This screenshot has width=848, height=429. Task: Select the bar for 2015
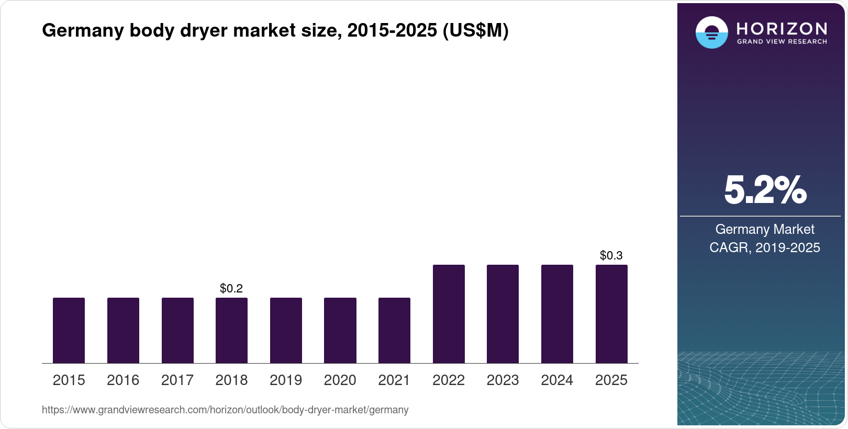pyautogui.click(x=69, y=330)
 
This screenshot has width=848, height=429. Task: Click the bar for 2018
pyautogui.click(x=231, y=330)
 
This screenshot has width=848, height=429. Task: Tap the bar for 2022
pyautogui.click(x=449, y=314)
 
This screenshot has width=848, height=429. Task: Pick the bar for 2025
pyautogui.click(x=611, y=314)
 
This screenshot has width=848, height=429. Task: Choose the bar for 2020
pyautogui.click(x=340, y=330)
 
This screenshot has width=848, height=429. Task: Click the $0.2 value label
pyautogui.click(x=231, y=288)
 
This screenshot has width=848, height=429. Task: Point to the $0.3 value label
pyautogui.click(x=611, y=255)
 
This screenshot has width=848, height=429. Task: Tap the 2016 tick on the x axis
pyautogui.click(x=123, y=380)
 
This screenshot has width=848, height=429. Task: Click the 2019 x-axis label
pyautogui.click(x=286, y=380)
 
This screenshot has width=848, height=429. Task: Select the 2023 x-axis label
pyautogui.click(x=503, y=380)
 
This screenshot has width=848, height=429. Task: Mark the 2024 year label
pyautogui.click(x=557, y=380)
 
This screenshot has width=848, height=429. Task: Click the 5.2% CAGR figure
pyautogui.click(x=765, y=190)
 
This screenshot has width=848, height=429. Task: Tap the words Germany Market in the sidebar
pyautogui.click(x=765, y=229)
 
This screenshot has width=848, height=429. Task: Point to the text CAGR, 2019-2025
pyautogui.click(x=765, y=247)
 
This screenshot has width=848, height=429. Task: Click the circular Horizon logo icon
pyautogui.click(x=711, y=32)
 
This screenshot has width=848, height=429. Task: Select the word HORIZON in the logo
pyautogui.click(x=782, y=28)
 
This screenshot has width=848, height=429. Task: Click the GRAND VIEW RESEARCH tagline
pyautogui.click(x=782, y=41)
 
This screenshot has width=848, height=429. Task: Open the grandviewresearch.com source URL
pyautogui.click(x=225, y=410)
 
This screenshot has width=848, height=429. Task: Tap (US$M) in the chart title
pyautogui.click(x=475, y=30)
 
